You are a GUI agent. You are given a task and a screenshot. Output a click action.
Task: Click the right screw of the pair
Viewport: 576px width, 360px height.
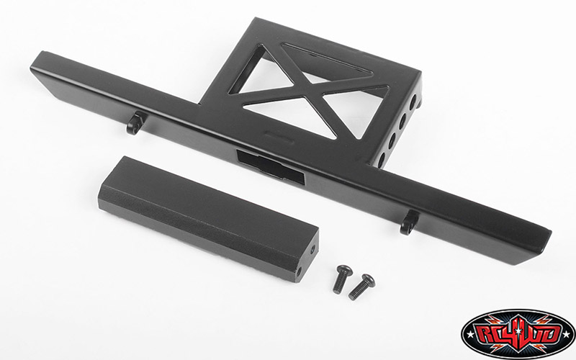point(361,287)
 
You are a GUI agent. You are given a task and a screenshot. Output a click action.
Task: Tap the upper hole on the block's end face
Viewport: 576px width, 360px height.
point(312,251)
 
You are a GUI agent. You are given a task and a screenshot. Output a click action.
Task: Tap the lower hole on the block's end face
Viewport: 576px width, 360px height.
point(299,272)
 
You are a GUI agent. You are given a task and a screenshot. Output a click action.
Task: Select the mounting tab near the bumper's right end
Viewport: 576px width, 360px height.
point(409,222)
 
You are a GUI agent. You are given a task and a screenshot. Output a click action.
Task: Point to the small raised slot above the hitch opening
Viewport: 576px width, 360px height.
point(279,135)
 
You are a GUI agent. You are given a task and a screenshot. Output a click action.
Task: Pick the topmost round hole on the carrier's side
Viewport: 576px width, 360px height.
point(413,100)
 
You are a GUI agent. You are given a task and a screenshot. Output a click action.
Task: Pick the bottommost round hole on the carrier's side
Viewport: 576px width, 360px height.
point(382,158)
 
